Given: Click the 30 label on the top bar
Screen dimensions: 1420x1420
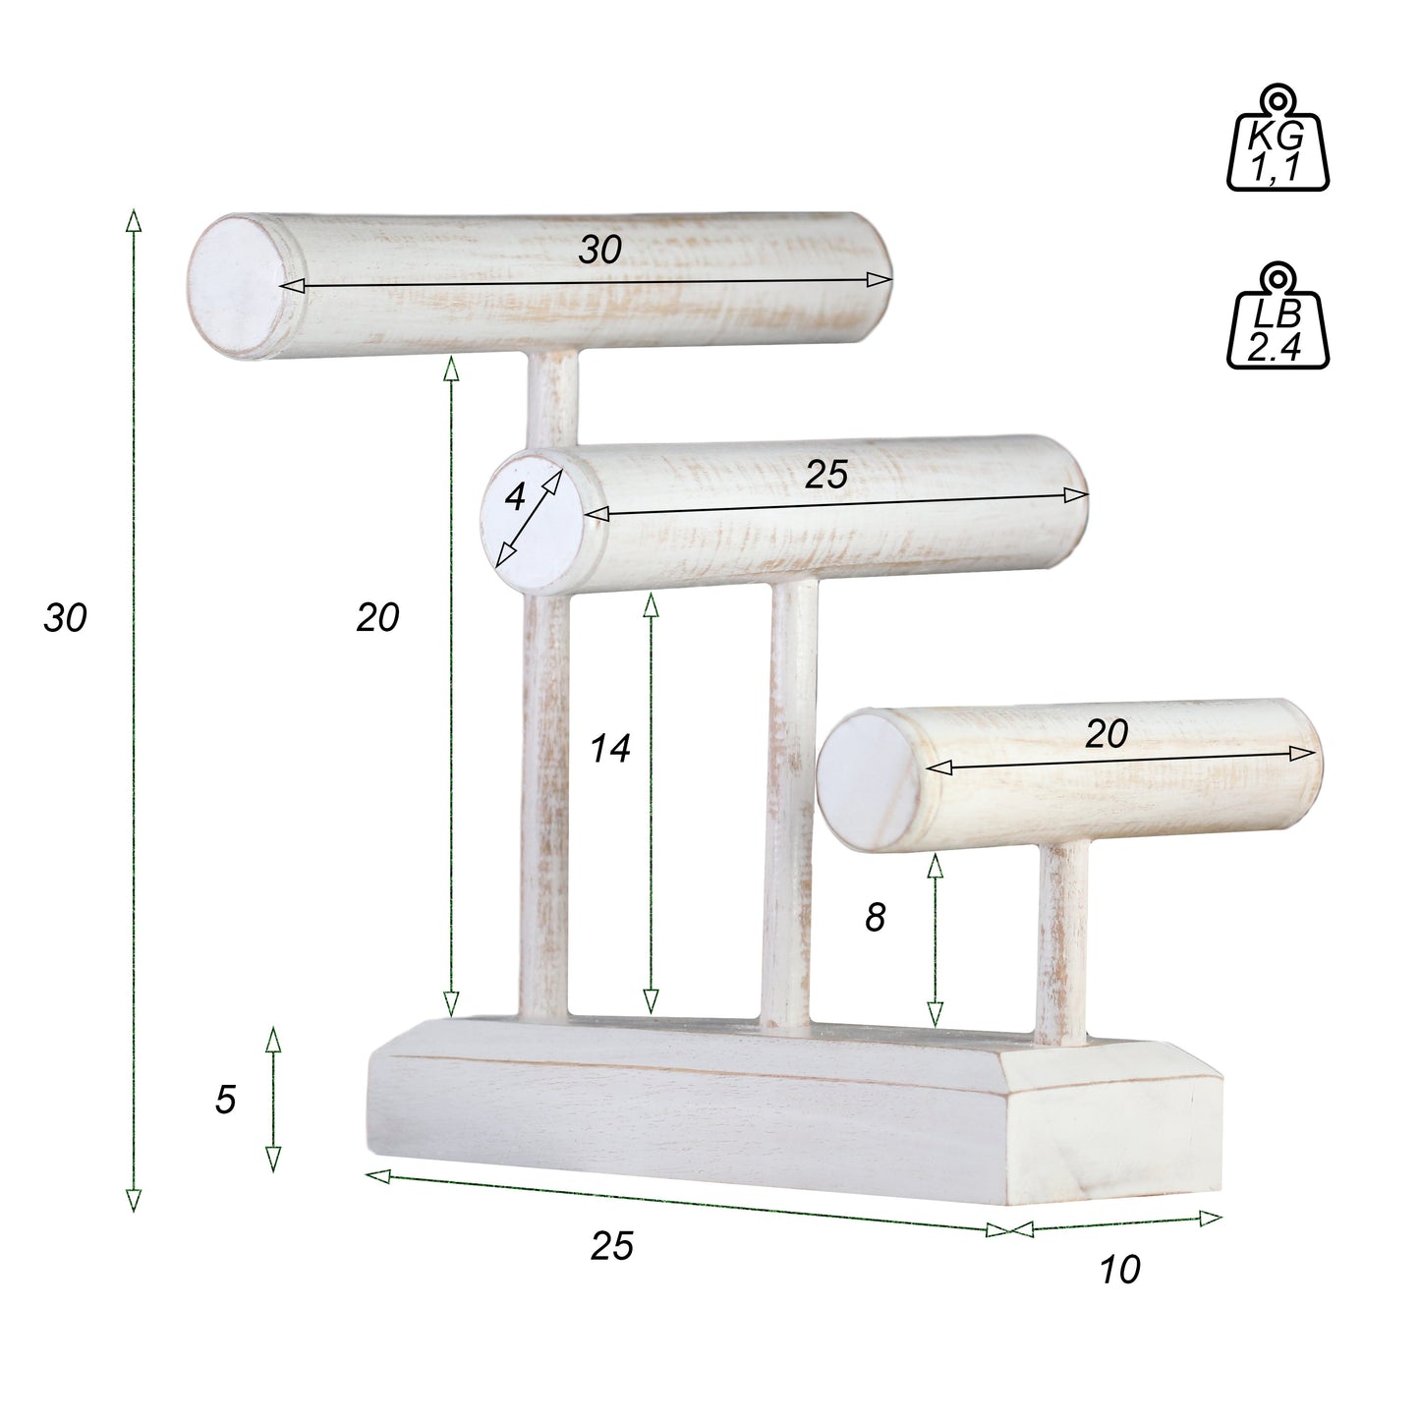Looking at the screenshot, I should point(599,250).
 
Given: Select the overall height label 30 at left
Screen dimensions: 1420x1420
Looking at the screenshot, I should point(66,618).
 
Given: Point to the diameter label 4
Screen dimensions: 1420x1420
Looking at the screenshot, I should point(514,498).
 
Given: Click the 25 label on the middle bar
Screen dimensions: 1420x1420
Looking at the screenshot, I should point(825,475).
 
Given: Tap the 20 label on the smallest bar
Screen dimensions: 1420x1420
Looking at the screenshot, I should point(1106,734).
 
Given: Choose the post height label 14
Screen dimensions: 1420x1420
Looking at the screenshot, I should point(609,750).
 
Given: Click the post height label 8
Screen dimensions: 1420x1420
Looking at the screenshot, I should point(875,918).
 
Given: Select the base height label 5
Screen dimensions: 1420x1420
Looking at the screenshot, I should point(225,1100).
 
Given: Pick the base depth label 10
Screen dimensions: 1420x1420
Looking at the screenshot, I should point(1119,1270).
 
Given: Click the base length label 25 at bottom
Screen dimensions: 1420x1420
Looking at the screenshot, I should point(611,1246).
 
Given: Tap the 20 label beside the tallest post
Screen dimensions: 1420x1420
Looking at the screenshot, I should point(377,618).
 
